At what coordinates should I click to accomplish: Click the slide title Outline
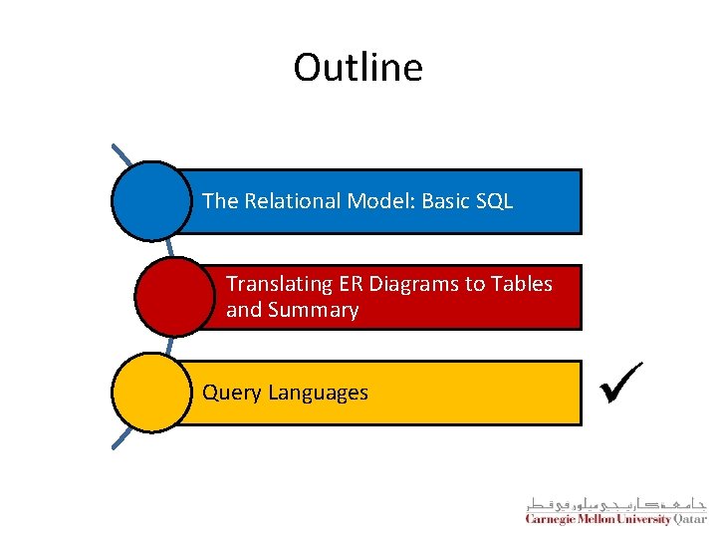[358, 68]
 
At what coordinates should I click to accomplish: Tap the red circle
[174, 297]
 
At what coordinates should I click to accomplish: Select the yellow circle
[151, 393]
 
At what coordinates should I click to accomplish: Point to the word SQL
[494, 201]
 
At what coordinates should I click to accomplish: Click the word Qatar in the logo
[689, 519]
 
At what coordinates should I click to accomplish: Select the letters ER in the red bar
[354, 284]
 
